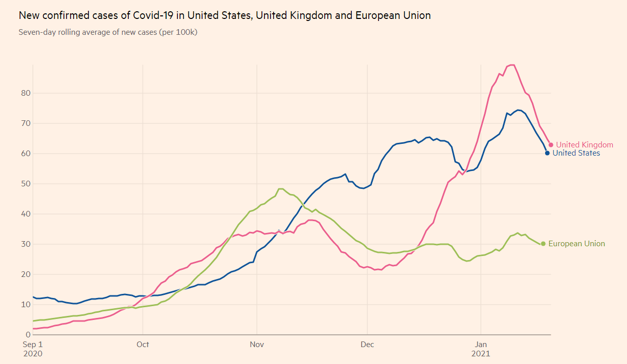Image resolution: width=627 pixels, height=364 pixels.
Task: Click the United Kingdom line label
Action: point(585,145)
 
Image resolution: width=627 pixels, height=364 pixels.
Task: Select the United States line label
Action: point(576,153)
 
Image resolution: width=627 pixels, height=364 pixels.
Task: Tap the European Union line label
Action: point(576,244)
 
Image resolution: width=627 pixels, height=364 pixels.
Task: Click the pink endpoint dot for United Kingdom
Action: point(551,145)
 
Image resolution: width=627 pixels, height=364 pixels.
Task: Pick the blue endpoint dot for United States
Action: point(547,153)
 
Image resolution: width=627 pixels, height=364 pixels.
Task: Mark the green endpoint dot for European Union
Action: point(543,244)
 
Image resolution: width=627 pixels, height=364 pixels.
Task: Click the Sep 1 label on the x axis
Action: point(32,345)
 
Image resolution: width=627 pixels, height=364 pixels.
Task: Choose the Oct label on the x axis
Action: point(143,345)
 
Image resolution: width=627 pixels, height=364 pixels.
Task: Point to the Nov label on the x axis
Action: point(257,345)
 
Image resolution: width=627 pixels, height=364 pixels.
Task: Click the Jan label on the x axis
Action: point(481,345)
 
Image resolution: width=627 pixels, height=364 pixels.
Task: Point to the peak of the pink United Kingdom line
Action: point(511,65)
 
